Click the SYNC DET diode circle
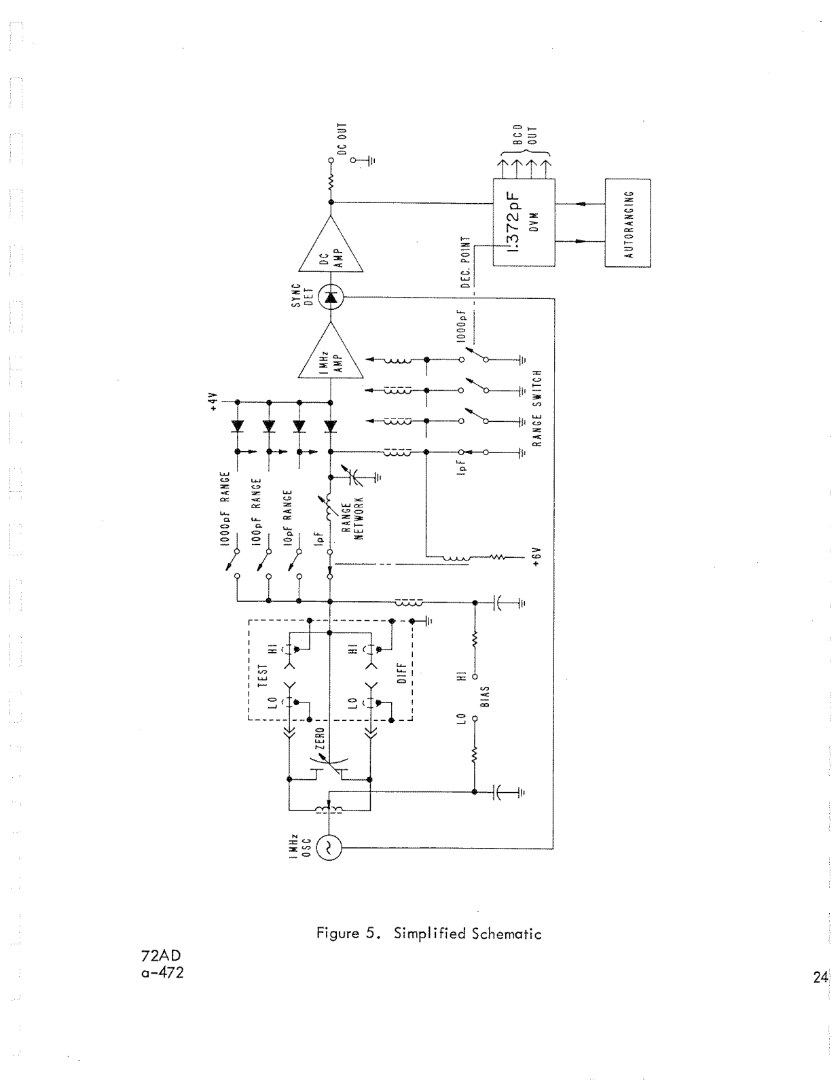tap(331, 297)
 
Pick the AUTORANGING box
tap(627, 223)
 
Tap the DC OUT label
tap(342, 140)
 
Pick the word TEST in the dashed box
tap(263, 674)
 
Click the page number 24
tap(820, 978)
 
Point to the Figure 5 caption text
tap(428, 933)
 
